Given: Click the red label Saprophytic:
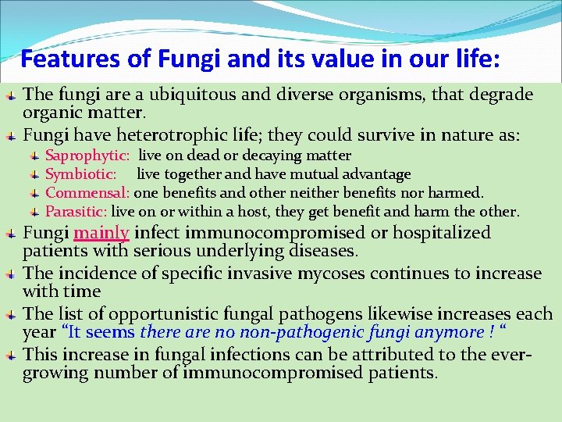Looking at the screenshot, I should pos(87,156).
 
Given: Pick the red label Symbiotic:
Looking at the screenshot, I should pos(81,174).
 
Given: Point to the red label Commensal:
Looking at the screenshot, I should pos(87,192).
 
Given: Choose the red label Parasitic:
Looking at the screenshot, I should pos(76,211).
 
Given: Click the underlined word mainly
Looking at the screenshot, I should pos(101,233).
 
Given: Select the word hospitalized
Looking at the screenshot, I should pos(442,233).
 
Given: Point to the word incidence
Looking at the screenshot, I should pos(87,274).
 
